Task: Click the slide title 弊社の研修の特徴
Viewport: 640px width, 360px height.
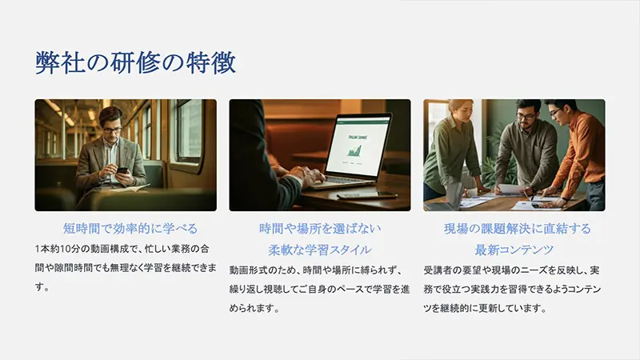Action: pyautogui.click(x=135, y=63)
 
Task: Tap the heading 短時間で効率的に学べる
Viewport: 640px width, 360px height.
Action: pyautogui.click(x=130, y=228)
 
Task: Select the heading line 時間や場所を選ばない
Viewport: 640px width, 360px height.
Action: pyautogui.click(x=320, y=228)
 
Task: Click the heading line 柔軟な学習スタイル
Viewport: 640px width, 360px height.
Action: pyautogui.click(x=320, y=250)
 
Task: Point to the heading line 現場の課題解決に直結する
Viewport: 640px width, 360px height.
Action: pyautogui.click(x=517, y=228)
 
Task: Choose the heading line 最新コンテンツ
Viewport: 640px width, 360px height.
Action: pyautogui.click(x=514, y=250)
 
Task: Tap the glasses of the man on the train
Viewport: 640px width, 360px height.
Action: pyautogui.click(x=112, y=130)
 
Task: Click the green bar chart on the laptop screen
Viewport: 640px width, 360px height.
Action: pyautogui.click(x=354, y=150)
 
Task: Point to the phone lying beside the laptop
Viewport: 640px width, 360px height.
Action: pyautogui.click(x=367, y=195)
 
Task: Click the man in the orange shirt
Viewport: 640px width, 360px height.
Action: pyautogui.click(x=575, y=151)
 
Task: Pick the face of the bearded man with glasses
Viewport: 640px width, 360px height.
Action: pyautogui.click(x=526, y=115)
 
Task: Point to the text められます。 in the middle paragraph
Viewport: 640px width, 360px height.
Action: pyautogui.click(x=254, y=308)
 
